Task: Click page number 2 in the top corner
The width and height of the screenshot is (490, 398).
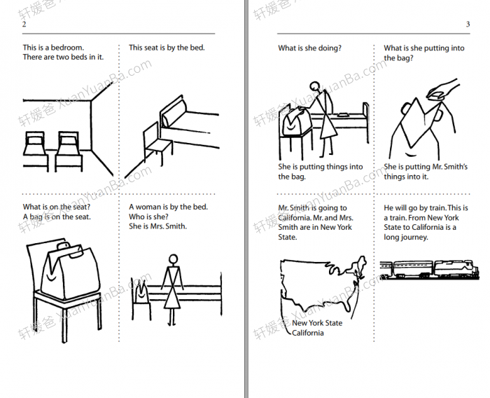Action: tap(24, 25)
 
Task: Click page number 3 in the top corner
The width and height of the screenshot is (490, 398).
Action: tap(468, 25)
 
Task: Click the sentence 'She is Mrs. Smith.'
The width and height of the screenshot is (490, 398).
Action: tap(158, 226)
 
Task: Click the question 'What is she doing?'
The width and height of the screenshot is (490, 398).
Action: tap(309, 48)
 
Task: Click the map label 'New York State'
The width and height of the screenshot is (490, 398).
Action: tap(317, 323)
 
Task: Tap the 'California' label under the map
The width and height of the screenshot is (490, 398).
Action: tap(308, 333)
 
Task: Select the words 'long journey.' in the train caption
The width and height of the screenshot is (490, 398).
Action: tap(406, 237)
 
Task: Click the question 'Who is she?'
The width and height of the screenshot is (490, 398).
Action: tap(148, 217)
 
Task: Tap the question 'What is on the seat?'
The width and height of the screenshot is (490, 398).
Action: tap(56, 207)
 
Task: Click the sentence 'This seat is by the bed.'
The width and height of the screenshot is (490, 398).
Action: tap(167, 48)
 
